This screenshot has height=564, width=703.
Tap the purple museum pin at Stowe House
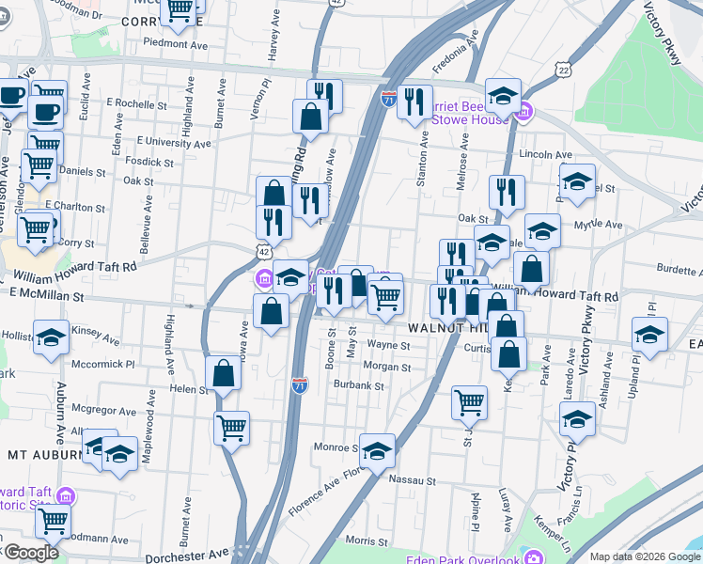coord(524,113)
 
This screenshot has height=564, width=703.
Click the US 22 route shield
coord(562,70)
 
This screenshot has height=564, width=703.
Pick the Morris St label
coord(367,540)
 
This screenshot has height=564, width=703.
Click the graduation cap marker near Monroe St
coord(377,451)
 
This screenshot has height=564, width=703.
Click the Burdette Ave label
coord(670,270)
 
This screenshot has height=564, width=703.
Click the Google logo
coord(30,553)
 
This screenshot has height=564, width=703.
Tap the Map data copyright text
coord(644,556)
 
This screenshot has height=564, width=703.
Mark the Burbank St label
coord(360,385)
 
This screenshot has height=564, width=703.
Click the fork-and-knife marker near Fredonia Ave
coord(414,102)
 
